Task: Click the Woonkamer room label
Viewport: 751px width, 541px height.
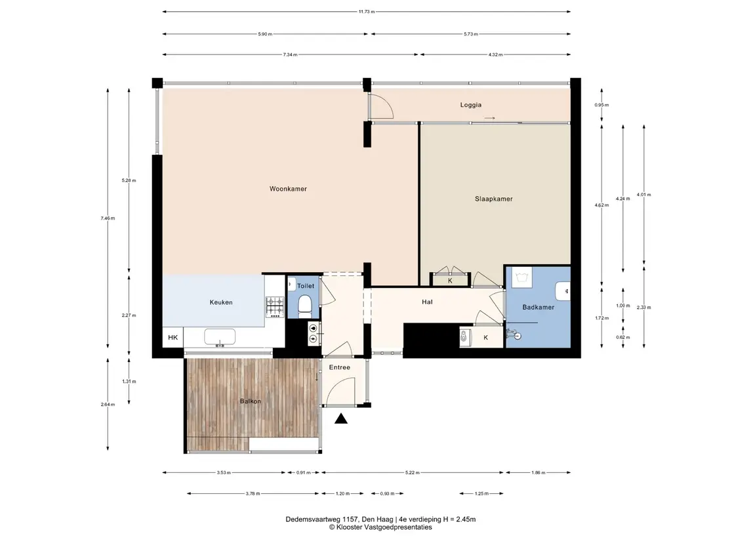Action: (x=288, y=189)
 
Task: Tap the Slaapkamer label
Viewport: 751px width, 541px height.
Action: (x=494, y=199)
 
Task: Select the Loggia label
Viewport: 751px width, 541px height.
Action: (x=471, y=105)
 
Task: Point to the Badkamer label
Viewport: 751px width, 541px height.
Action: (x=538, y=307)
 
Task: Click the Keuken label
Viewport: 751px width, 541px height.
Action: (x=221, y=302)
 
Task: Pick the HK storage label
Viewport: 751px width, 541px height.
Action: (x=173, y=338)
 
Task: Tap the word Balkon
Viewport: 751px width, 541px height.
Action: (x=251, y=401)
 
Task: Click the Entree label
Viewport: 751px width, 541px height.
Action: (x=340, y=367)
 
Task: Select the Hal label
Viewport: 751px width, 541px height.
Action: (x=427, y=302)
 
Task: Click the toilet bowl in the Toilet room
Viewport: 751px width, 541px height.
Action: (x=304, y=306)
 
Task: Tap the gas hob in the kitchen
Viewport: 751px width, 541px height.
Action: (x=275, y=307)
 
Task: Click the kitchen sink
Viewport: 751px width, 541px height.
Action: (x=220, y=336)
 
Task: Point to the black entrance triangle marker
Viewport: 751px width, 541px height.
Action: (x=340, y=419)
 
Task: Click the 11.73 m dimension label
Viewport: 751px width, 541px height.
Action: (x=367, y=12)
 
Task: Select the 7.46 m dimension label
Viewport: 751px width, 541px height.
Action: (x=108, y=218)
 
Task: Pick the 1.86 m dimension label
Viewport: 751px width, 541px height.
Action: (x=538, y=473)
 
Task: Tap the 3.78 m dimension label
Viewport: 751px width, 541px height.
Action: (x=253, y=493)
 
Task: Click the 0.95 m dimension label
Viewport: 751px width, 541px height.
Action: (x=601, y=105)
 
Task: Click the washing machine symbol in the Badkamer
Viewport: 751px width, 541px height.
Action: (x=521, y=277)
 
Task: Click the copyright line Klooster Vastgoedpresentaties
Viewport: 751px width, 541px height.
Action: (x=380, y=527)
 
